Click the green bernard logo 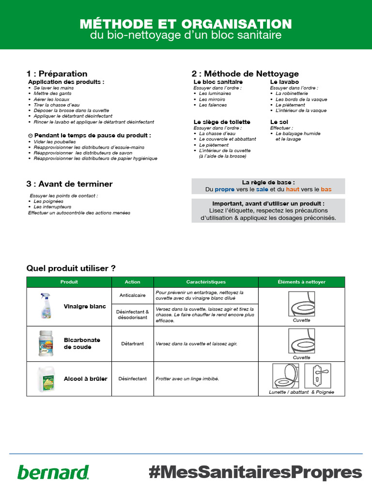pos(53,472)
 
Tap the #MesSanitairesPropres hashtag pos(255,472)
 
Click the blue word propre pos(225,189)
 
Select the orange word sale pos(262,189)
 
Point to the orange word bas pos(326,189)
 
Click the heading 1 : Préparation pos(57,74)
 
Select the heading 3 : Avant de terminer pos(69,184)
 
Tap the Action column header pos(132,281)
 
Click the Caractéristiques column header pos(206,281)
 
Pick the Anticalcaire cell pos(132,295)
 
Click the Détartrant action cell pos(132,343)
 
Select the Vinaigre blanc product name pos(85,307)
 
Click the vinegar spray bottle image pos(46,306)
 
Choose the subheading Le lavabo pos(284,82)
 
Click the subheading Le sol pos(279,122)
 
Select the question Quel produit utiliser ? pos(71,268)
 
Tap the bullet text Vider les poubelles pos(53,141)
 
